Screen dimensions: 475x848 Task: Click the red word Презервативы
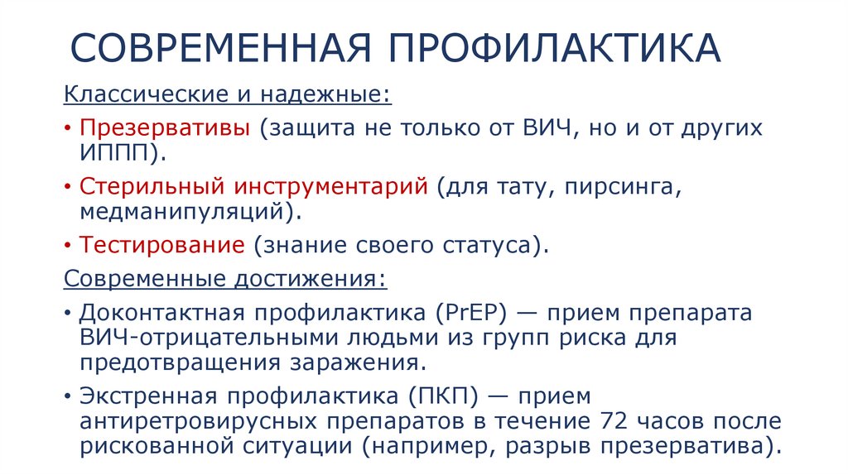point(166,130)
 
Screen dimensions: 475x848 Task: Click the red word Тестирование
point(162,245)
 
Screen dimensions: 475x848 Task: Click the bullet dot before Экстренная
point(68,397)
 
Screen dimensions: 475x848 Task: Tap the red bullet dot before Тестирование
point(68,246)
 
